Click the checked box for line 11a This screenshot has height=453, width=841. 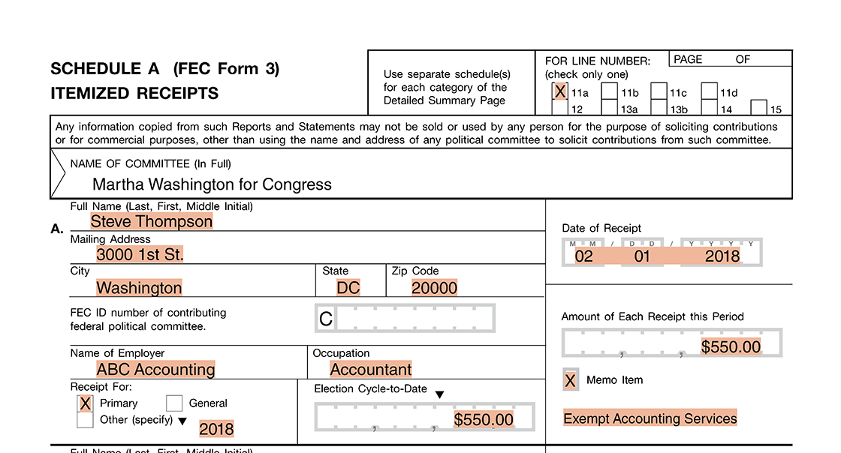pos(559,91)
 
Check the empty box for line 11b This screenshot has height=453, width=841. pos(610,91)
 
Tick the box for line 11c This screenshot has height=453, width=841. pos(659,91)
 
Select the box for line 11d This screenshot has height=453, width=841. pos(709,91)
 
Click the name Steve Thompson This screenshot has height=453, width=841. pos(152,221)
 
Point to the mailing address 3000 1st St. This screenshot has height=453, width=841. pos(140,254)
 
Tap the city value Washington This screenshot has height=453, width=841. pos(139,288)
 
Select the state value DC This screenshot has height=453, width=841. pos(348,288)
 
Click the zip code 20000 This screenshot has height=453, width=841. pos(434,288)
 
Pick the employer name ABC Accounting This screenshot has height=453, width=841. pos(155,370)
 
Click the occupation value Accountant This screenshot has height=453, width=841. pos(371,370)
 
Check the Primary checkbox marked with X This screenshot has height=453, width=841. pos(86,403)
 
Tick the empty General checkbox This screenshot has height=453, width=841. pos(174,403)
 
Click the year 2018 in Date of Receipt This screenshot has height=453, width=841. pos(722,256)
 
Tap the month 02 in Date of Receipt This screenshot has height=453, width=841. pos(583,256)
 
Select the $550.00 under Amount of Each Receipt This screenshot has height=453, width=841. pos(731,346)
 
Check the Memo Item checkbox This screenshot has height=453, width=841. pos(571,381)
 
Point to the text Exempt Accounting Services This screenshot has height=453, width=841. pos(650,418)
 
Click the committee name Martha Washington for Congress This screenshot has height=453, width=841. pos(212,184)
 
